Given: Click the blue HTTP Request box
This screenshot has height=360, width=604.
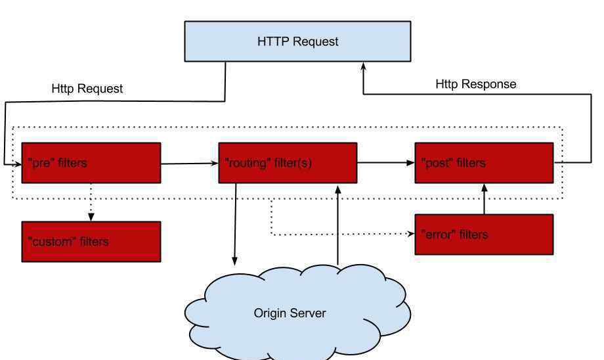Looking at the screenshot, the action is [x=298, y=41].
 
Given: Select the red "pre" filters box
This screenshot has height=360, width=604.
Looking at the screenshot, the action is [x=91, y=163].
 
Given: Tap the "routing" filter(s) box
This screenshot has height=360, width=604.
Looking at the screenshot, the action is [x=288, y=163].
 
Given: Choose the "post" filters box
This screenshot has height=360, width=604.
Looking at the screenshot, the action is [x=485, y=163].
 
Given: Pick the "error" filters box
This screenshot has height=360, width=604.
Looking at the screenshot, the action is [x=485, y=235].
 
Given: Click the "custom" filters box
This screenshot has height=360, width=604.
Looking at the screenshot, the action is [x=91, y=242].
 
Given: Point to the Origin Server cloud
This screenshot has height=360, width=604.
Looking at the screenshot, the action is [x=297, y=312].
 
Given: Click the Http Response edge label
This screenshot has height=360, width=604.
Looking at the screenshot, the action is [x=476, y=84].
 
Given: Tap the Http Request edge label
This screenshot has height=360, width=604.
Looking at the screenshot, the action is [x=87, y=89].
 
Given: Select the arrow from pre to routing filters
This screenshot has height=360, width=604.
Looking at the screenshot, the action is [x=190, y=164].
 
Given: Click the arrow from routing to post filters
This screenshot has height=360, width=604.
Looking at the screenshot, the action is [x=386, y=163].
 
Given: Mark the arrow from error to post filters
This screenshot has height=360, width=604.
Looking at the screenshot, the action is [x=485, y=199].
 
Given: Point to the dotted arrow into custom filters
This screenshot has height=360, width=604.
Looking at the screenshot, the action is [x=91, y=202].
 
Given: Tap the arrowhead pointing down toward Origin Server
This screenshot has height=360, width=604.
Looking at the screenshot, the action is [x=234, y=261].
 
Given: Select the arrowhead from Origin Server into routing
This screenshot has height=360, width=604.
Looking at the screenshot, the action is [x=338, y=190].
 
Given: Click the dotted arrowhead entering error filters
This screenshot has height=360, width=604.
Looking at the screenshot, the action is [x=411, y=234].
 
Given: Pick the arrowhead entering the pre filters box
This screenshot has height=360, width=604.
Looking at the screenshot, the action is [x=18, y=164].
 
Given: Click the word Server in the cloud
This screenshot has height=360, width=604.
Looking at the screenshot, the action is [x=308, y=313].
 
